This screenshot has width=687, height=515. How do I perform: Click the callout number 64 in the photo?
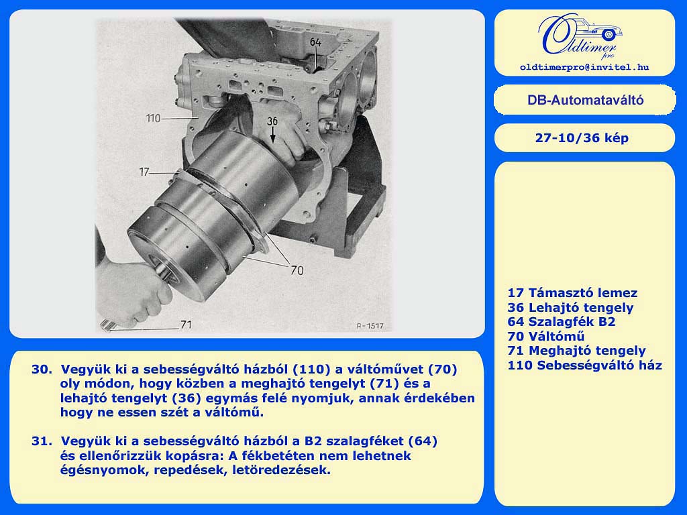[315, 42]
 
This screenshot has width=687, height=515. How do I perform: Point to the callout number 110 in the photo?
[154, 118]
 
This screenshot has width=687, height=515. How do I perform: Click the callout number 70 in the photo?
[297, 271]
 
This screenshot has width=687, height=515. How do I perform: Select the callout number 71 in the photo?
[187, 325]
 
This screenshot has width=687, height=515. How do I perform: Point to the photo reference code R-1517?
[370, 326]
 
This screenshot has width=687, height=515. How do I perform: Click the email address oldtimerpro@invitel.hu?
[584, 67]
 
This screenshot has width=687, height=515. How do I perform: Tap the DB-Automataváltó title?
[585, 101]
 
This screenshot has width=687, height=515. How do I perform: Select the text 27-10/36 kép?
[582, 138]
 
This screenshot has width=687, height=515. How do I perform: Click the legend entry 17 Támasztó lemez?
[572, 293]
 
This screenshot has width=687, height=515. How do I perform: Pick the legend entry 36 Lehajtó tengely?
[570, 307]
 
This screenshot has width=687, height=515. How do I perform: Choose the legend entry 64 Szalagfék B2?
[562, 322]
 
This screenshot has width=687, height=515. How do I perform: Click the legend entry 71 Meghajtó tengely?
[576, 351]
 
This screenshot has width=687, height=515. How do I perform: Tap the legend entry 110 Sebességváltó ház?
[584, 365]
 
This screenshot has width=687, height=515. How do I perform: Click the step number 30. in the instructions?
[42, 369]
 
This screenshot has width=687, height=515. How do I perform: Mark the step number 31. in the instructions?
[42, 441]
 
